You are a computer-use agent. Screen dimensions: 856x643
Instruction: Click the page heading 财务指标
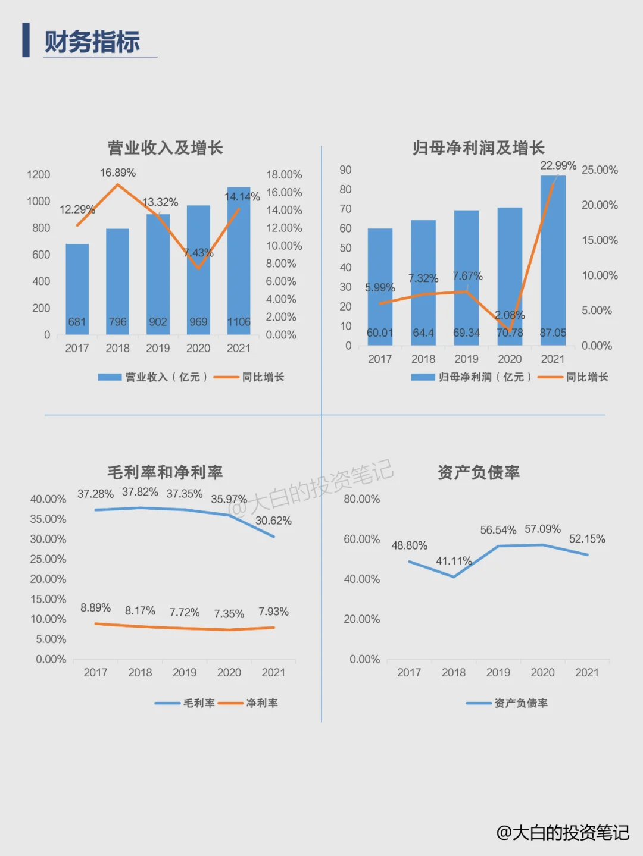pyautogui.click(x=92, y=42)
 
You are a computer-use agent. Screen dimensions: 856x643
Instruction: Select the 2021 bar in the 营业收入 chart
pyautogui.click(x=238, y=256)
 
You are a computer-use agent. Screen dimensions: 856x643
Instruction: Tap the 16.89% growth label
pyautogui.click(x=118, y=173)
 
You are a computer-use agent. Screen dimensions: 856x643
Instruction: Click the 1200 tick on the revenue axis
pyautogui.click(x=39, y=175)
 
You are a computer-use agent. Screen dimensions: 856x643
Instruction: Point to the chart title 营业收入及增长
pyautogui.click(x=165, y=148)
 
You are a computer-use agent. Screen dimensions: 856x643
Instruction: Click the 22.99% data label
pyautogui.click(x=558, y=165)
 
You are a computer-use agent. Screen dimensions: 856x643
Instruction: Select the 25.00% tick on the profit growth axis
pyautogui.click(x=600, y=170)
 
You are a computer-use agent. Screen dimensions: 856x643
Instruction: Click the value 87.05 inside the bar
pyautogui.click(x=553, y=333)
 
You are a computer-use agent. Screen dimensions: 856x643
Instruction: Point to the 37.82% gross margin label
pyautogui.click(x=140, y=493)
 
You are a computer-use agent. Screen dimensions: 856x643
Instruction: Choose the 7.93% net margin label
pyautogui.click(x=273, y=612)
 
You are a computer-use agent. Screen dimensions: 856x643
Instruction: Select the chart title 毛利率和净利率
pyautogui.click(x=165, y=473)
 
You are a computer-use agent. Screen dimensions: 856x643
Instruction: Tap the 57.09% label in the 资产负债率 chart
pyautogui.click(x=542, y=529)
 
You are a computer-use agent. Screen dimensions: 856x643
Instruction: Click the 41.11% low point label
pyautogui.click(x=454, y=562)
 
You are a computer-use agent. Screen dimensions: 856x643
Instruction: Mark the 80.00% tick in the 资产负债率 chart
pyautogui.click(x=361, y=499)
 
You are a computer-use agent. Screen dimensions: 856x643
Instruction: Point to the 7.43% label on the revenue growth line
pyautogui.click(x=198, y=253)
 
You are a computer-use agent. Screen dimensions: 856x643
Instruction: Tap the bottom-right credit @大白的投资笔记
pyautogui.click(x=563, y=833)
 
